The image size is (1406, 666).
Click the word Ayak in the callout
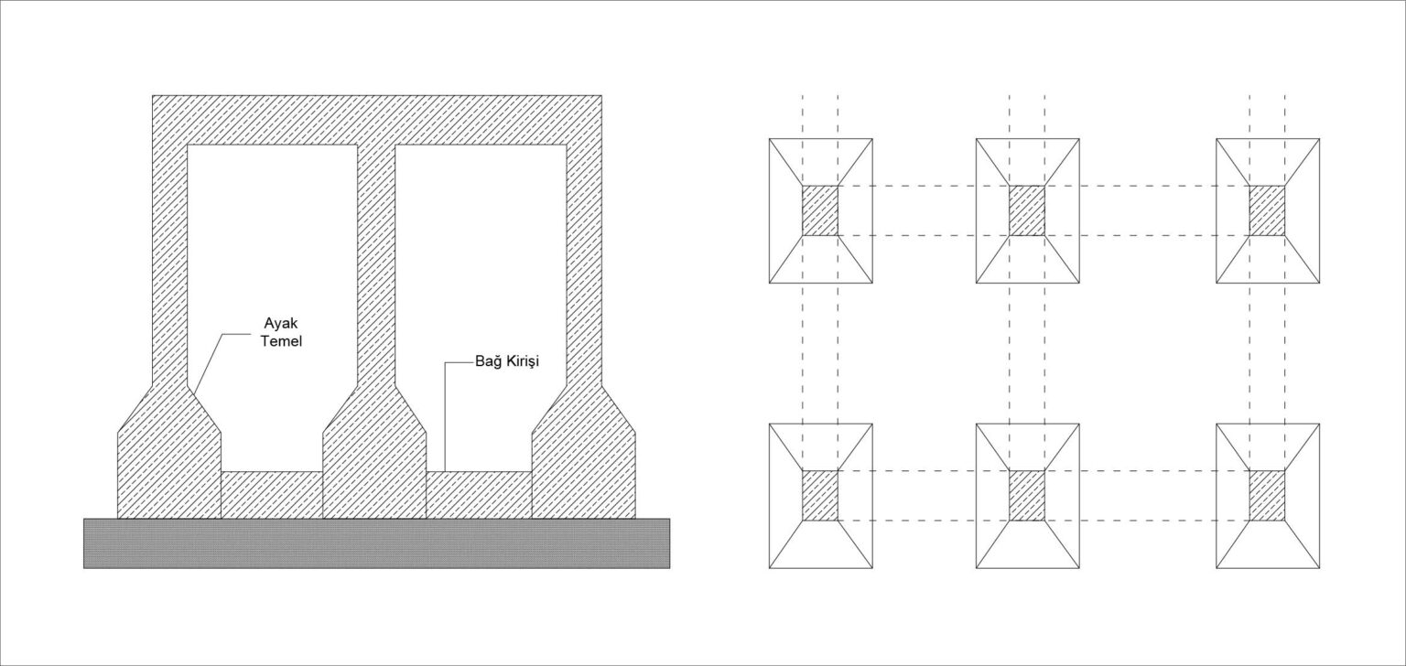click(x=281, y=324)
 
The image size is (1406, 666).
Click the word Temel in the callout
click(x=281, y=342)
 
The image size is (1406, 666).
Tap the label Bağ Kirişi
click(x=507, y=362)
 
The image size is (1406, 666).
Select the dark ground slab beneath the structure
click(x=376, y=543)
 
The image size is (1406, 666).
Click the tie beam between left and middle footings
click(x=272, y=495)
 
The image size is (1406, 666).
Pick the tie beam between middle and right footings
click(x=479, y=495)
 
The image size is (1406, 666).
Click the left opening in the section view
click(x=273, y=307)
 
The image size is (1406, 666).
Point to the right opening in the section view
click(x=481, y=307)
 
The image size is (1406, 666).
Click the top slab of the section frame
click(x=376, y=121)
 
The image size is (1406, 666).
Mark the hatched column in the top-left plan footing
click(x=820, y=210)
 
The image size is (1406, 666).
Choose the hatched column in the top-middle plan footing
click(x=1027, y=210)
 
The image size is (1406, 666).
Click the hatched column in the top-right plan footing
click(x=1267, y=210)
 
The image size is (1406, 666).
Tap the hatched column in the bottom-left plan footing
click(x=820, y=496)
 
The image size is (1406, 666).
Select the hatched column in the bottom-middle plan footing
click(x=1027, y=496)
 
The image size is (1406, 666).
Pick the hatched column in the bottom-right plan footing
click(x=1267, y=496)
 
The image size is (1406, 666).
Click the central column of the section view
click(x=376, y=264)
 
